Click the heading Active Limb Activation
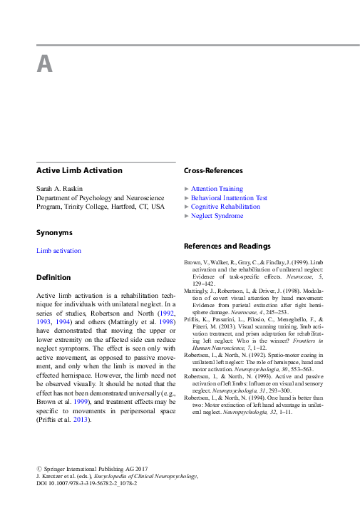tap(79, 171)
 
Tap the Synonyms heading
tap(54, 233)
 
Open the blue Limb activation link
tap(58, 251)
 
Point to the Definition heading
tap(53, 277)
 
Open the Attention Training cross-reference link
tap(217, 189)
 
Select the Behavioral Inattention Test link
tap(229, 198)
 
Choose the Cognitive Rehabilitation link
tap(225, 207)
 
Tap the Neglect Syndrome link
tap(217, 216)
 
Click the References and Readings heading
tap(227, 247)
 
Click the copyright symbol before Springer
tap(39, 468)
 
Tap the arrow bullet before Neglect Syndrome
tap(187, 216)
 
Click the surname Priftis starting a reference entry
tap(193, 321)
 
